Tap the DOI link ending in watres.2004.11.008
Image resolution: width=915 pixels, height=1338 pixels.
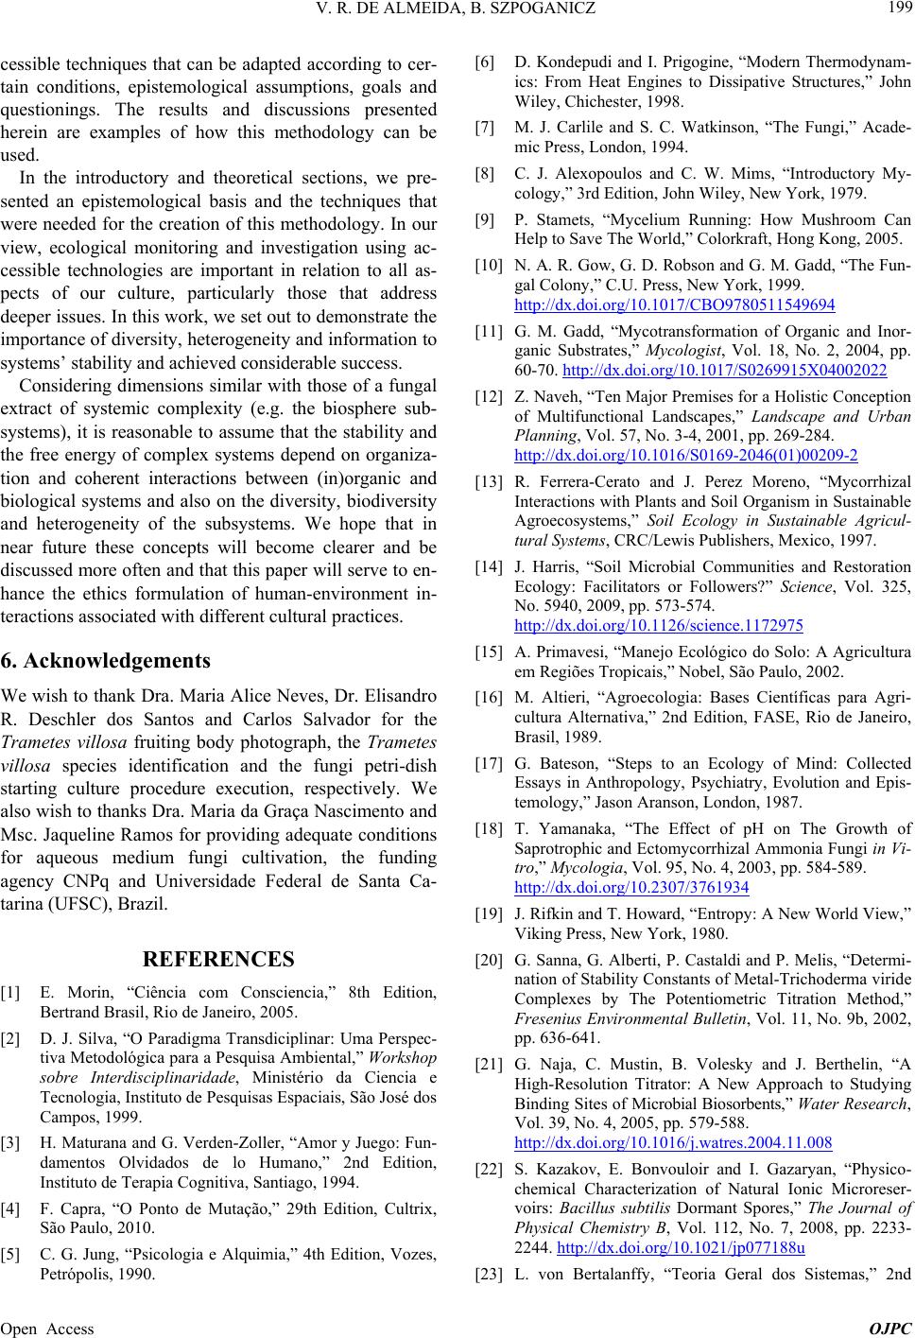pos(673,1142)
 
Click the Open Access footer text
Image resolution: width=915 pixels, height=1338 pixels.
pos(47,1328)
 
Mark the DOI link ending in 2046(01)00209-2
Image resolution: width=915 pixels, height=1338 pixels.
pos(685,454)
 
